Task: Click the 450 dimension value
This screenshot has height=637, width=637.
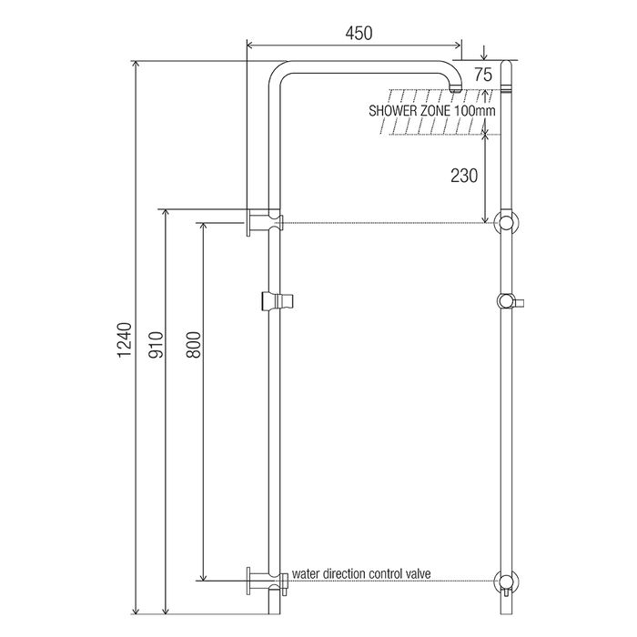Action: [x=359, y=34]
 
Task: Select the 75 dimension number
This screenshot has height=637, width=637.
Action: [x=483, y=75]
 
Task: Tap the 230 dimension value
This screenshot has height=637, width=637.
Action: [x=464, y=176]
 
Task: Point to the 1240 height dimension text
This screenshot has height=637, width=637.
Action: [x=125, y=340]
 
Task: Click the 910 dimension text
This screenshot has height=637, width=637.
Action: [x=156, y=345]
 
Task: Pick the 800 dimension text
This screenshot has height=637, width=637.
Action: [x=194, y=345]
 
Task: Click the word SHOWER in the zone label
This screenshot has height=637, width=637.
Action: [x=392, y=111]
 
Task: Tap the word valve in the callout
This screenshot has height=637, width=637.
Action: [x=418, y=574]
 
